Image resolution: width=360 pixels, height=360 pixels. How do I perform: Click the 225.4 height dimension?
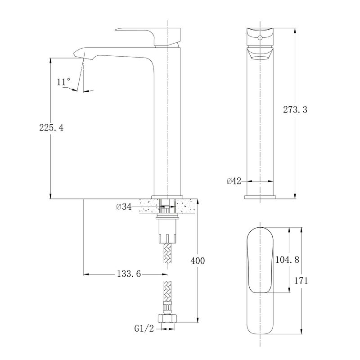click(x=51, y=127)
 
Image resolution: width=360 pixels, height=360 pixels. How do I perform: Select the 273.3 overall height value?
click(x=295, y=109)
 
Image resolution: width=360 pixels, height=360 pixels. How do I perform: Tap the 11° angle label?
click(x=63, y=82)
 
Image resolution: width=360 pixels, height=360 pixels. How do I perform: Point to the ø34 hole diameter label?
click(x=124, y=207)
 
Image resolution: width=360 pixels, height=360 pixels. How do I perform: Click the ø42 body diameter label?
click(x=234, y=181)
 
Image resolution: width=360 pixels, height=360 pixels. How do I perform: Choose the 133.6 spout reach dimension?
click(x=129, y=274)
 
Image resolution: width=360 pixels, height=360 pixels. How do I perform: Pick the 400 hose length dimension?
click(x=198, y=261)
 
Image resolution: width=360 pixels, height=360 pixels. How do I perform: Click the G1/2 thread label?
click(x=144, y=328)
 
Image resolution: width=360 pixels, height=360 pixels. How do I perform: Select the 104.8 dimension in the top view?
click(x=287, y=260)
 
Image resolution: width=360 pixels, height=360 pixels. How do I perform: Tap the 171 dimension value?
click(x=301, y=280)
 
